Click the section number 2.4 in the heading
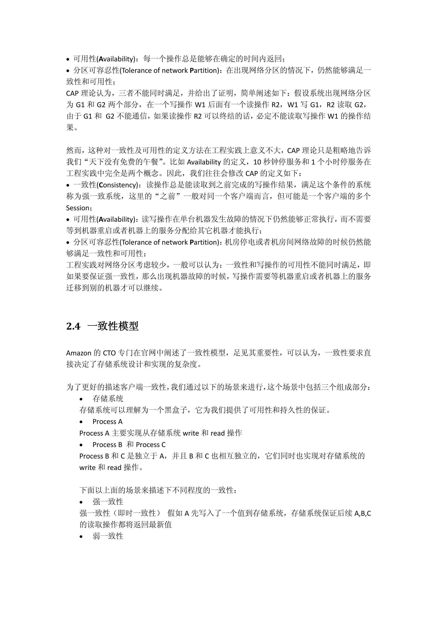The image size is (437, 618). (x=73, y=326)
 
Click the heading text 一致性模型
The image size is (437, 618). (x=113, y=326)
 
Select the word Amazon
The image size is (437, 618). (x=79, y=353)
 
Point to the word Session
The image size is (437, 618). (x=77, y=208)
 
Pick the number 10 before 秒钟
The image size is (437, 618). (x=257, y=162)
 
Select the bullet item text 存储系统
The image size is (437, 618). (x=108, y=399)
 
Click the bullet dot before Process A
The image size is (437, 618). (x=81, y=422)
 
